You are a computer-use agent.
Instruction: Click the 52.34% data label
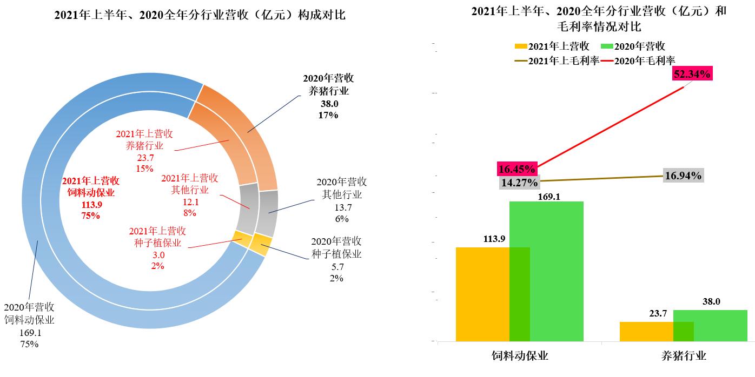tap(692, 75)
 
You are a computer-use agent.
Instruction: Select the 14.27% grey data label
tap(519, 182)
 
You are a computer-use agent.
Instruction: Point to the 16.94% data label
tap(683, 176)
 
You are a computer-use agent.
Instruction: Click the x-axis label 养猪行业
tap(684, 356)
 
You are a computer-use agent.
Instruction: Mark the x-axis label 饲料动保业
tap(520, 356)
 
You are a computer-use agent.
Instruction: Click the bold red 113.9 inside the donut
tap(91, 205)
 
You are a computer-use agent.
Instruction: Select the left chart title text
tap(200, 16)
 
